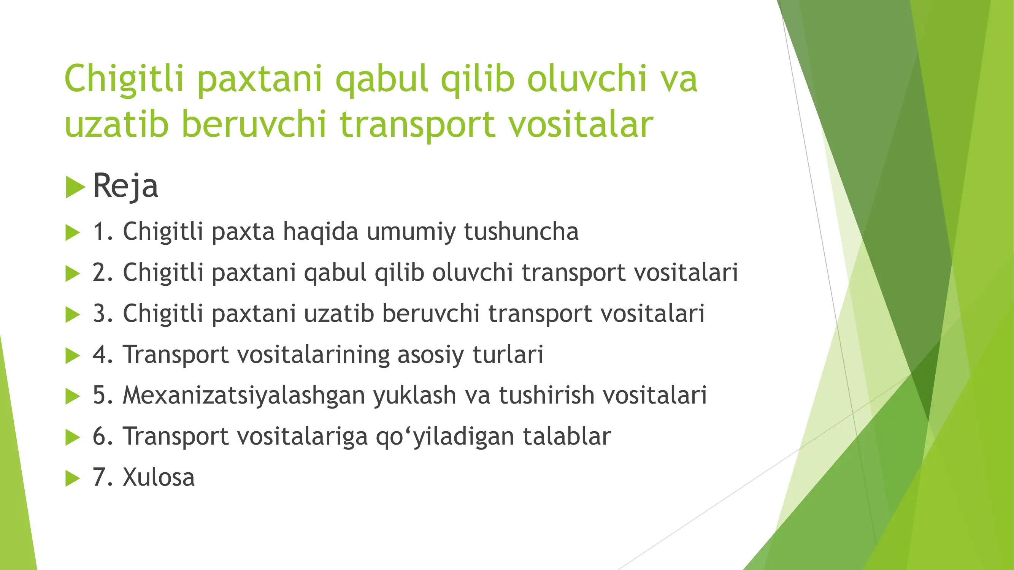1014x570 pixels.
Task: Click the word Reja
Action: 125,186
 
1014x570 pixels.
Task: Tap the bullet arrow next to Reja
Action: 75,187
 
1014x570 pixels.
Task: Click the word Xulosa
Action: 159,477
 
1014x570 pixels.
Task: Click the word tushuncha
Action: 521,231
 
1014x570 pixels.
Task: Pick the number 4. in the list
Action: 103,355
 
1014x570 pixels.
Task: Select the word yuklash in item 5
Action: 414,395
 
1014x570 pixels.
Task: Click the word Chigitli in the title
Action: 124,79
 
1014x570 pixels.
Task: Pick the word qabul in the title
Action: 381,79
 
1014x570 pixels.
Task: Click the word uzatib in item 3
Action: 338,313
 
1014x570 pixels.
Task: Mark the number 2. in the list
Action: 103,272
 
